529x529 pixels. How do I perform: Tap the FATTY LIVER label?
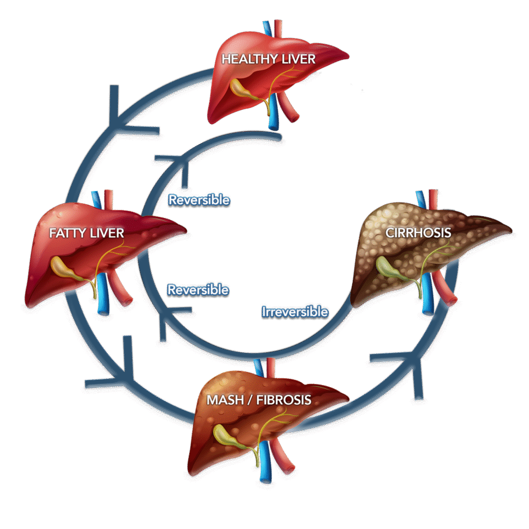pyautogui.click(x=87, y=233)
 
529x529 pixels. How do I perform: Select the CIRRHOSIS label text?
pyautogui.click(x=418, y=233)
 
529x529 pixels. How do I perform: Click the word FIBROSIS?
pyautogui.click(x=284, y=400)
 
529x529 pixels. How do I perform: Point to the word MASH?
pyautogui.click(x=225, y=400)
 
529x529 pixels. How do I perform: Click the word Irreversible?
pyautogui.click(x=295, y=312)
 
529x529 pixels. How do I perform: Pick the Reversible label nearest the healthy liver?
pyautogui.click(x=199, y=200)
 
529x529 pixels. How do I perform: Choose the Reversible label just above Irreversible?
pyautogui.click(x=198, y=290)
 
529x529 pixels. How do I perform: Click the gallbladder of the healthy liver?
pyautogui.click(x=243, y=89)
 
